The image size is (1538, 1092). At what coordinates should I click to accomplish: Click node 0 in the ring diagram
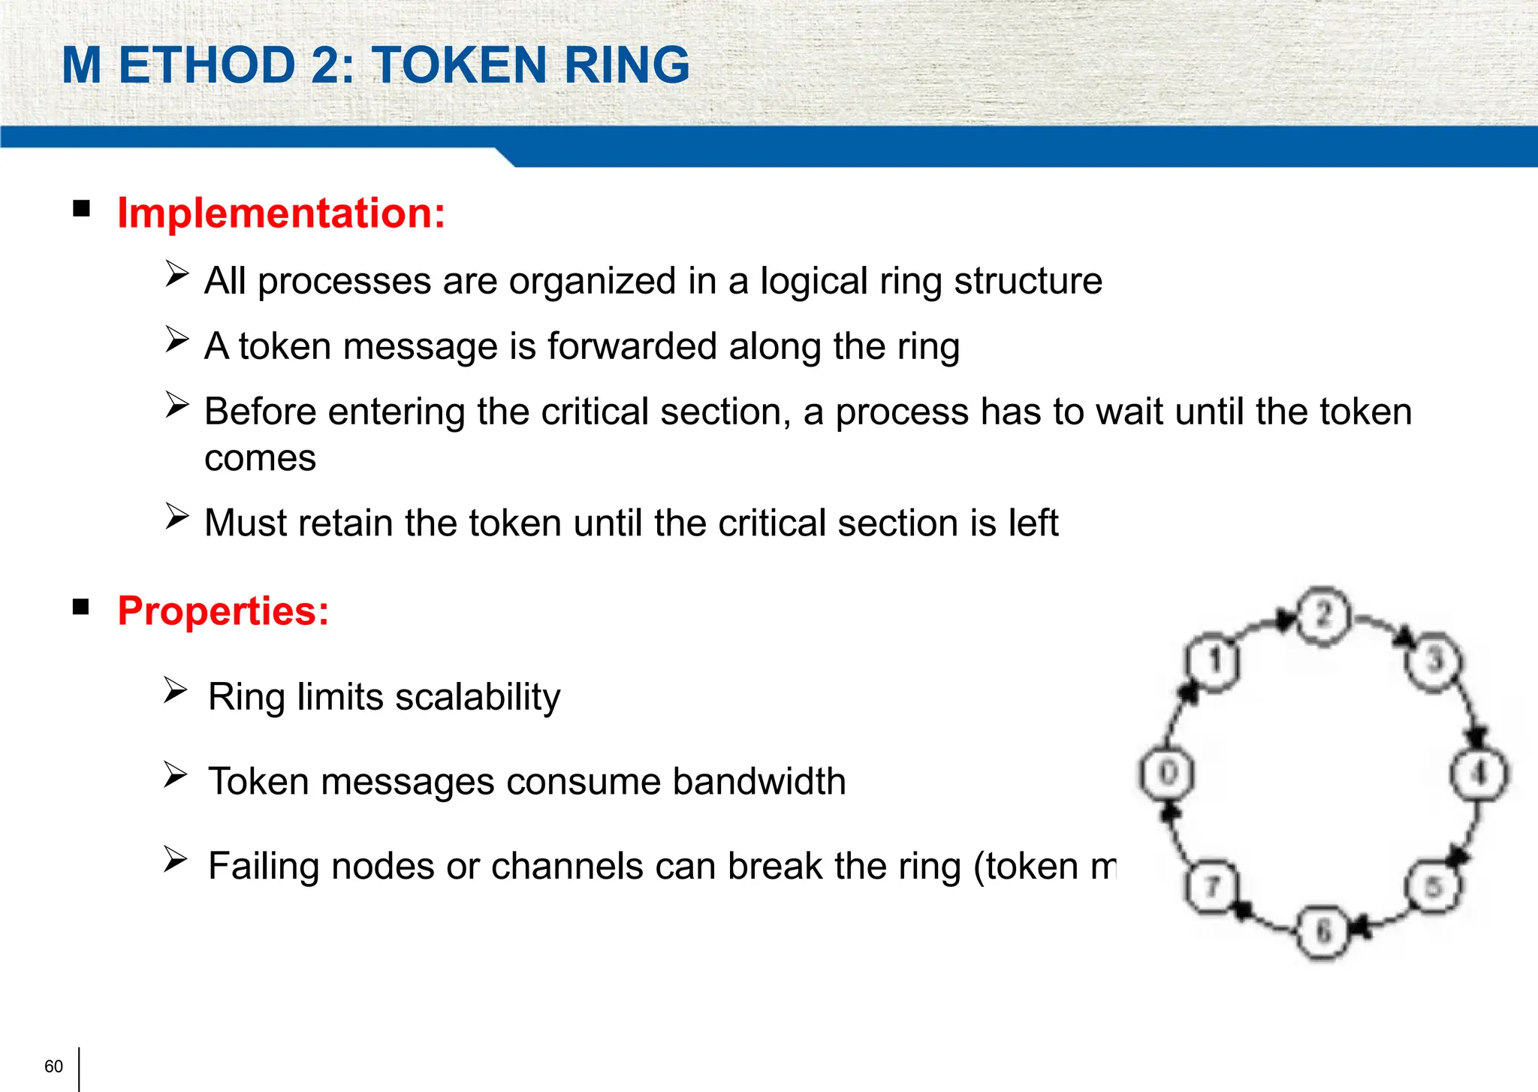tap(1167, 773)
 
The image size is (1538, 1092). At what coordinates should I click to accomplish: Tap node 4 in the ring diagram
tap(1479, 773)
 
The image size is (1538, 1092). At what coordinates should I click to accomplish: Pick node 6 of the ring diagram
tap(1323, 932)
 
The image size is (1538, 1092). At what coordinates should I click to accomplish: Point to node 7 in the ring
tap(1211, 887)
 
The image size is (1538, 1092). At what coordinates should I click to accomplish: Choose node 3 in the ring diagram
tap(1435, 661)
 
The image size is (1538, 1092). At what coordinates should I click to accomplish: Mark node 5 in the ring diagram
tap(1434, 887)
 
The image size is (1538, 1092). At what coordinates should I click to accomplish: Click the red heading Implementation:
tap(282, 213)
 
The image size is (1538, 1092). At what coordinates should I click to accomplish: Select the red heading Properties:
tap(223, 611)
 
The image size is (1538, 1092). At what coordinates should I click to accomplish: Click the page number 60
tap(53, 1066)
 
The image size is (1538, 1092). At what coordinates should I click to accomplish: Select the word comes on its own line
tap(260, 458)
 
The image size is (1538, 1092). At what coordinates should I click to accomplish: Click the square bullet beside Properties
tap(81, 606)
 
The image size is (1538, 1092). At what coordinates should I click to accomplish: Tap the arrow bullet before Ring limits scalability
tap(175, 689)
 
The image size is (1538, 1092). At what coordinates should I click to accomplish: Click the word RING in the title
tap(626, 65)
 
